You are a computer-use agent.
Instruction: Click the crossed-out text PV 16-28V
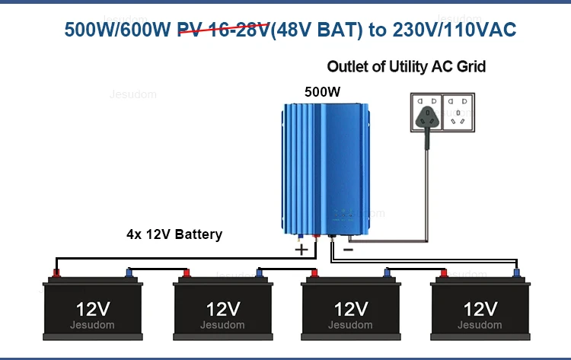coord(224,30)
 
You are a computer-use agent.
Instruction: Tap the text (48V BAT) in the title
coord(317,30)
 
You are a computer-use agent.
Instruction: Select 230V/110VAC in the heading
coord(454,30)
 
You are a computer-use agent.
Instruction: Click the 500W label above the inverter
coord(322,92)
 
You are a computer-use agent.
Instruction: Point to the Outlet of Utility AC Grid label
coord(406,67)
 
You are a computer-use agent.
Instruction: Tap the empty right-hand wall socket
coord(458,112)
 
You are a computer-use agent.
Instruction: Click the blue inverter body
coord(326,168)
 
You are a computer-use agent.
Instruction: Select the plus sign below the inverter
coord(301,250)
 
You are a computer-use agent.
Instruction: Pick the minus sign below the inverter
coord(348,250)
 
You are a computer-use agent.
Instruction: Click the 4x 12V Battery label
coord(174,234)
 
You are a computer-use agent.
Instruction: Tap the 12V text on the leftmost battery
coord(93,310)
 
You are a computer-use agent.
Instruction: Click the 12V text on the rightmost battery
coord(480,310)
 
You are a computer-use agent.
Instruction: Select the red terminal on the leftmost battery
coord(56,273)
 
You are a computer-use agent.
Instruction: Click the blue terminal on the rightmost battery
coord(516,273)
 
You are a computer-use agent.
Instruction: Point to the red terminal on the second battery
coord(187,273)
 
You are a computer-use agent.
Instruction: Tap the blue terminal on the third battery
coord(388,273)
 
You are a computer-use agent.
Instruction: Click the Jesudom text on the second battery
coord(222,325)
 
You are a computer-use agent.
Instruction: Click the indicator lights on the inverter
coord(343,215)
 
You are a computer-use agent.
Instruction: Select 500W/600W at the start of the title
coord(117,30)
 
